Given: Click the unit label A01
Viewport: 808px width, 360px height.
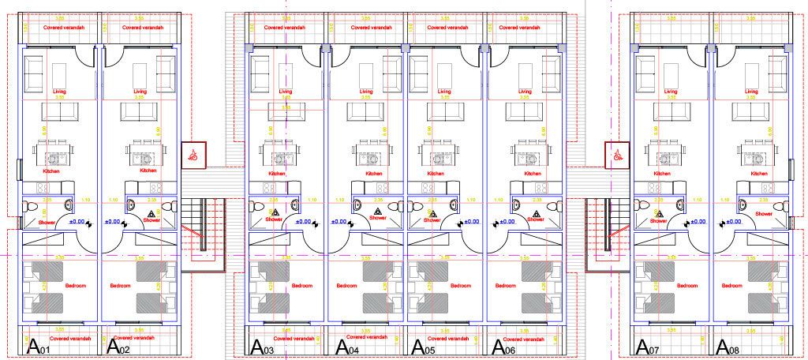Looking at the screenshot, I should (x=39, y=346).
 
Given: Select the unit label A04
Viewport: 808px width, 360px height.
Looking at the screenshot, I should (x=348, y=346).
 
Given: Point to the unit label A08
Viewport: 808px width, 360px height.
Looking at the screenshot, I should (x=728, y=346).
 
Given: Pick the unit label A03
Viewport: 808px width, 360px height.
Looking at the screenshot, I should (x=263, y=346).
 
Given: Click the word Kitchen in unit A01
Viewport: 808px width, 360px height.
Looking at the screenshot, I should (x=53, y=170).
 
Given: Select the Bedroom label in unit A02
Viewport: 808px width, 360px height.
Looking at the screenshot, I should (x=120, y=285).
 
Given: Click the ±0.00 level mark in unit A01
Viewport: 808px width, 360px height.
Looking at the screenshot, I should (x=77, y=222).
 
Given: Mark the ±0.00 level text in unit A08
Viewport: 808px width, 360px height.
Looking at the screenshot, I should (x=733, y=222).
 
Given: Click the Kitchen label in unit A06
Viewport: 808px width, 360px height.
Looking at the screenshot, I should (x=533, y=173).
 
